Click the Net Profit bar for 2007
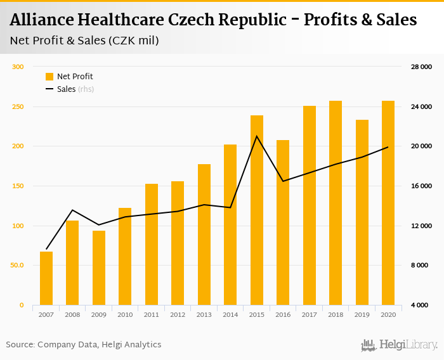point(46,278)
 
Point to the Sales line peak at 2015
point(257,136)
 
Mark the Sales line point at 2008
point(72,210)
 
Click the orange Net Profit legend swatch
point(49,77)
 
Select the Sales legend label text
point(66,89)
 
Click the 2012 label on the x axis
point(178,314)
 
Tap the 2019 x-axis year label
point(362,314)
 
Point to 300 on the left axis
point(18,67)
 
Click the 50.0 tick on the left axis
point(17,266)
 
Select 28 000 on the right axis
point(421,67)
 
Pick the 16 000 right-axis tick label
point(421,186)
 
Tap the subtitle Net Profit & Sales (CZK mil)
point(84,41)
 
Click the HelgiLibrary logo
point(400,345)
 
